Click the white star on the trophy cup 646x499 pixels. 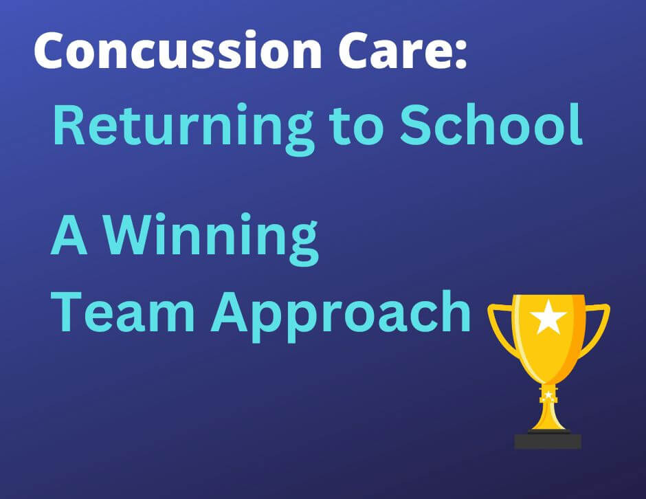coord(548,318)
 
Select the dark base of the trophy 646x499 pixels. coord(548,440)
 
